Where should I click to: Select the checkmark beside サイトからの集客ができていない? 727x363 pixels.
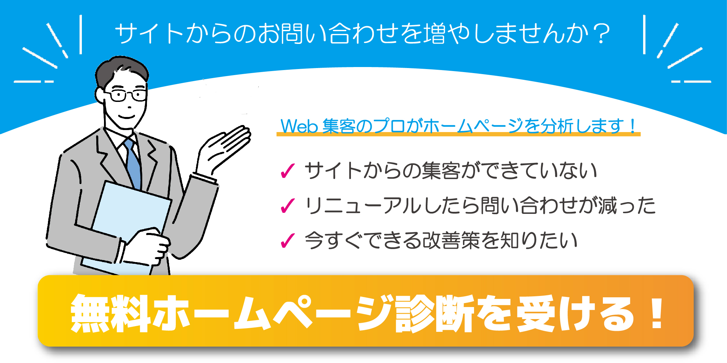tap(288, 171)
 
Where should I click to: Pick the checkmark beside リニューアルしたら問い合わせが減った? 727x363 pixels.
tap(288, 206)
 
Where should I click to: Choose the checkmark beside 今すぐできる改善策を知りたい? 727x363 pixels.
tap(288, 241)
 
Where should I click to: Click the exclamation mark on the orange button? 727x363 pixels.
tap(656, 313)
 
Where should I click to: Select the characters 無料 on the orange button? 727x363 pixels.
tap(111, 313)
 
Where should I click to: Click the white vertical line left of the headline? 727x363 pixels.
tap(81, 35)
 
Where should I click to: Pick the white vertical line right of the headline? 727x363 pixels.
tap(644, 35)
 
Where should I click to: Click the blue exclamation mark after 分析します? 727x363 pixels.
tap(633, 126)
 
